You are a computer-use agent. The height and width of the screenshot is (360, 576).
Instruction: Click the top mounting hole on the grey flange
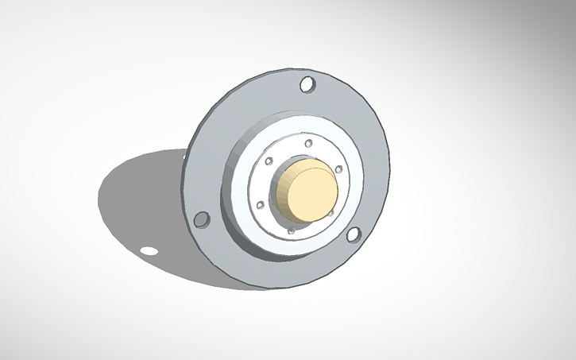click(x=307, y=83)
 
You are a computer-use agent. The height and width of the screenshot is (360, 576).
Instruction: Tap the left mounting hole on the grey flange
click(x=202, y=219)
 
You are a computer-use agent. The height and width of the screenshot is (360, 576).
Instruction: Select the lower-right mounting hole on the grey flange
click(x=354, y=234)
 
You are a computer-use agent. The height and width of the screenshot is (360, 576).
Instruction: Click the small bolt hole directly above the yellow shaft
click(x=308, y=143)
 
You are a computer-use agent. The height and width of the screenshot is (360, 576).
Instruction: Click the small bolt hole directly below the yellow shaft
click(x=292, y=230)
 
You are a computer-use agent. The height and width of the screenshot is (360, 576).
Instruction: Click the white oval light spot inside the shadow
click(x=149, y=251)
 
